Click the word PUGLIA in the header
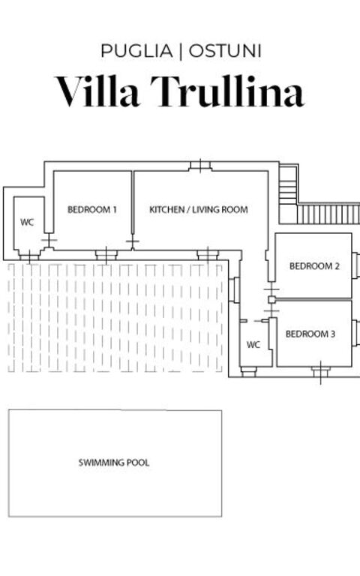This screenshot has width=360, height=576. [136, 52]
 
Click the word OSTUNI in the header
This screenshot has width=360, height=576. [225, 52]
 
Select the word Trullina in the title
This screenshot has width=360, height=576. [228, 91]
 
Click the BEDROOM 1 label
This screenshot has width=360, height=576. [92, 210]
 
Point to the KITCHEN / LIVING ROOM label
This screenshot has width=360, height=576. [199, 210]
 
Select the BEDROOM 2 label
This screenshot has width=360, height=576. [315, 266]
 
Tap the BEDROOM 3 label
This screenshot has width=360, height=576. [310, 334]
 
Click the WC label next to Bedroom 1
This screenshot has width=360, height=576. [27, 223]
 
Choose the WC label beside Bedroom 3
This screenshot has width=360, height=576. [253, 345]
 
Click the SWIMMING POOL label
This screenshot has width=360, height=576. [114, 463]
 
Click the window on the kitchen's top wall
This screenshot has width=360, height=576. [200, 166]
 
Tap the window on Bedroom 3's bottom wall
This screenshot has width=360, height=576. [320, 368]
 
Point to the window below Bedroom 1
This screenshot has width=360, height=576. [106, 255]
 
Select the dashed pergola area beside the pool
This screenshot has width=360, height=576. [116, 317]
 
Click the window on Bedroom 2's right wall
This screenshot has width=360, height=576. [355, 265]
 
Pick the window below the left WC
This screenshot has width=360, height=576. [28, 256]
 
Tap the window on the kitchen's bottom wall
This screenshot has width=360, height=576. [207, 255]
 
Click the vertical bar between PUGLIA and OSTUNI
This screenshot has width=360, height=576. [180, 52]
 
